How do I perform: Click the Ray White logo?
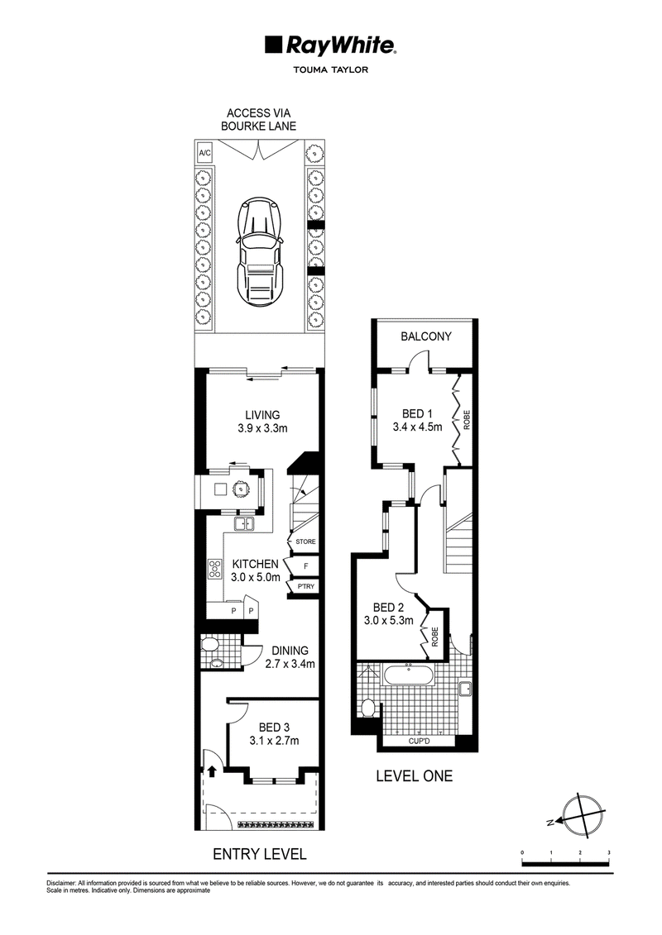pos(331,45)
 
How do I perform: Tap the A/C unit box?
pos(204,153)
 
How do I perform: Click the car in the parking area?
pos(259,252)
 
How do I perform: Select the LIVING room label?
pos(262,415)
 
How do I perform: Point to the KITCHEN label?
pos(256,564)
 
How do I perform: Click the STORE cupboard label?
pos(305,541)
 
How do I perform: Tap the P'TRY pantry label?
pos(305,587)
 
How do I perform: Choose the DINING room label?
pos(290,651)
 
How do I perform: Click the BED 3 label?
pos(274,727)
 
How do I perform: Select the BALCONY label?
pos(426,336)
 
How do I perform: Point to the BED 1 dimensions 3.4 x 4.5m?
pos(417,427)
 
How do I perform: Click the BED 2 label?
pos(389,608)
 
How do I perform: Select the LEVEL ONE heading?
pos(415,775)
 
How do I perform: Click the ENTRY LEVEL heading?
pos(260,855)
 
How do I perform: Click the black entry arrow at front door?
pos(211,770)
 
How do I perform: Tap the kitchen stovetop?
pos(214,570)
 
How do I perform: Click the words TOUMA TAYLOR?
pos(331,69)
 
